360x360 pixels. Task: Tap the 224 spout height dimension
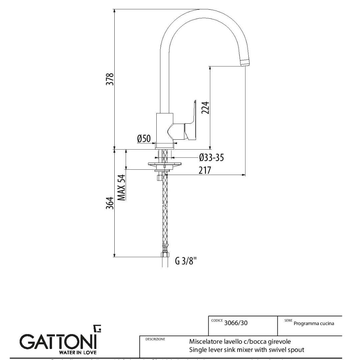click(205, 107)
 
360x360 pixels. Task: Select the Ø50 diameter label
click(144, 139)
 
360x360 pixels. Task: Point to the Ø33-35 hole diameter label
click(211, 157)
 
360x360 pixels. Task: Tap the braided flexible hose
click(164, 210)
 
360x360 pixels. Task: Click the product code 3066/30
click(236, 323)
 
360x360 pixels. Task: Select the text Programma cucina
click(314, 323)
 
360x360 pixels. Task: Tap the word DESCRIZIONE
click(155, 339)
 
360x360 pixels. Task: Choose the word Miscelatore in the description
click(204, 342)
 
